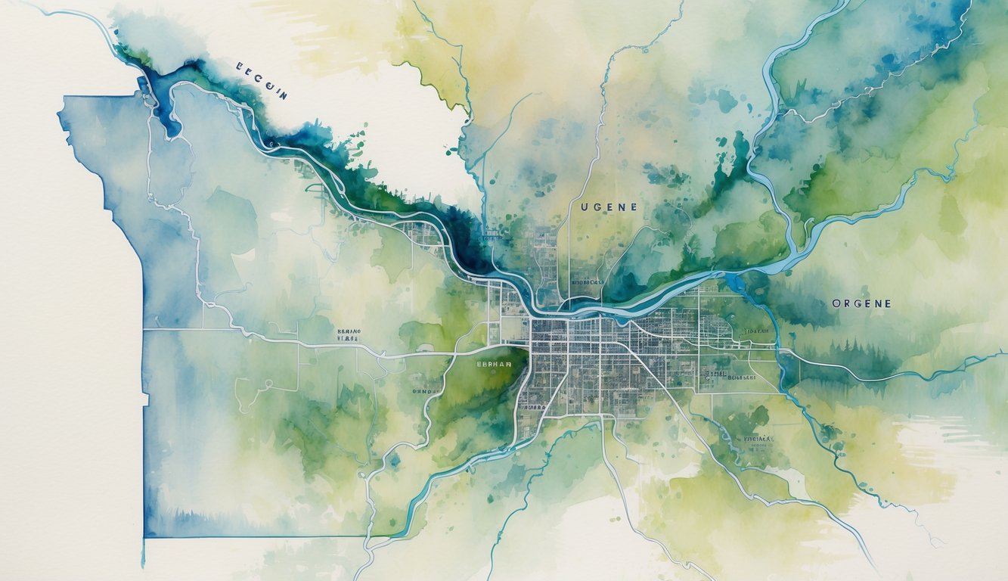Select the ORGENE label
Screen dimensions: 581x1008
pyautogui.click(x=861, y=303)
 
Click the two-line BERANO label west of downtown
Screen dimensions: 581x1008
pyautogui.click(x=349, y=335)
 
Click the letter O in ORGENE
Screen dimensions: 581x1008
pyautogui.click(x=836, y=303)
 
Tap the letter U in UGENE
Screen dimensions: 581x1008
pyautogui.click(x=585, y=207)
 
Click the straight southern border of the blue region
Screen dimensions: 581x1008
pyautogui.click(x=250, y=536)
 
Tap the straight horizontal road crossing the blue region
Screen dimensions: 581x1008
pyautogui.click(x=227, y=330)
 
